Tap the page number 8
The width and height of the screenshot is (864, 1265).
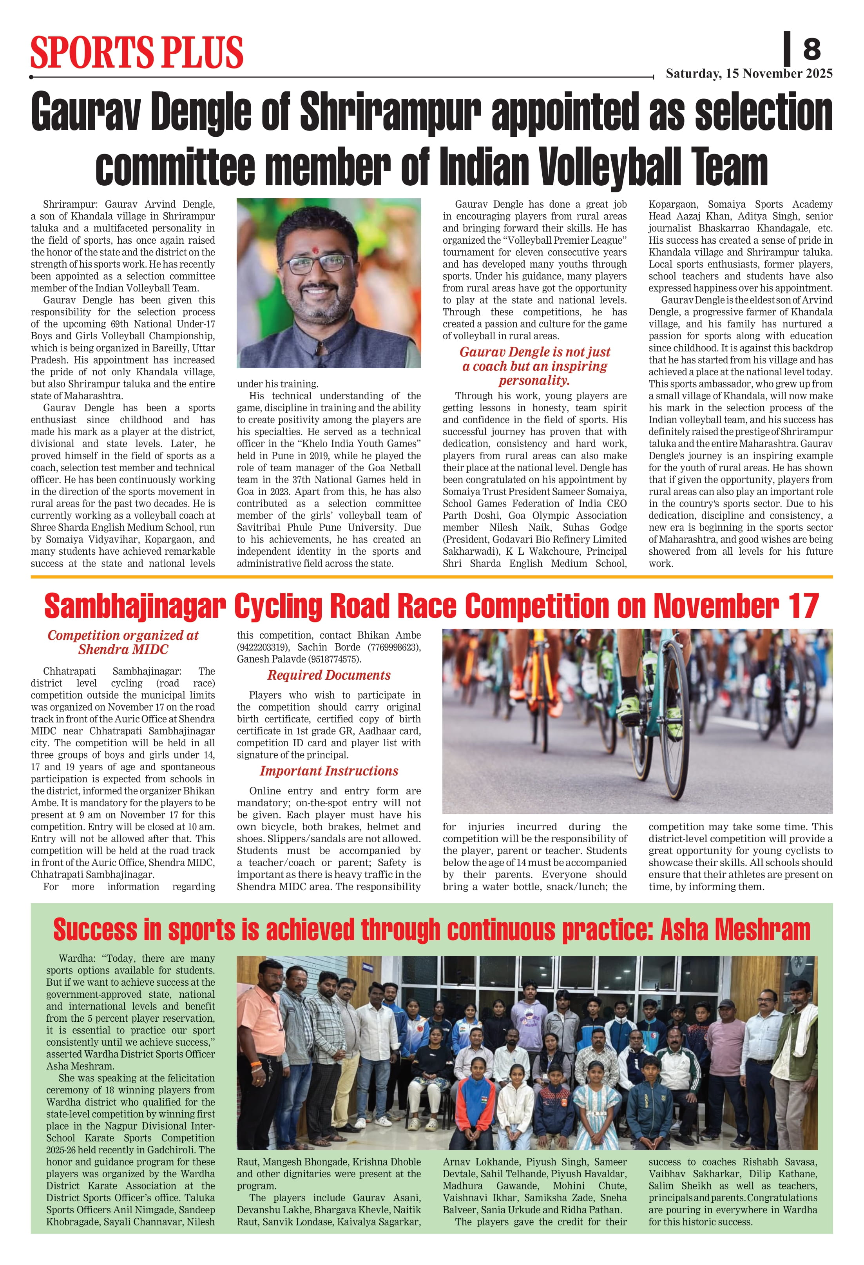[x=811, y=49]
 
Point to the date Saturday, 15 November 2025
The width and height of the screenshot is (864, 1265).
[x=748, y=74]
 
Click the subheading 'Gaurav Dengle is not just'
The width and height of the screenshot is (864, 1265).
[x=534, y=352]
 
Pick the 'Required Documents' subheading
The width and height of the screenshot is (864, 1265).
[x=328, y=675]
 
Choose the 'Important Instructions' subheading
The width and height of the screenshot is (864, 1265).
[x=328, y=771]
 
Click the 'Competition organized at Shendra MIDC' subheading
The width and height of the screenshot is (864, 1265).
[x=123, y=642]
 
